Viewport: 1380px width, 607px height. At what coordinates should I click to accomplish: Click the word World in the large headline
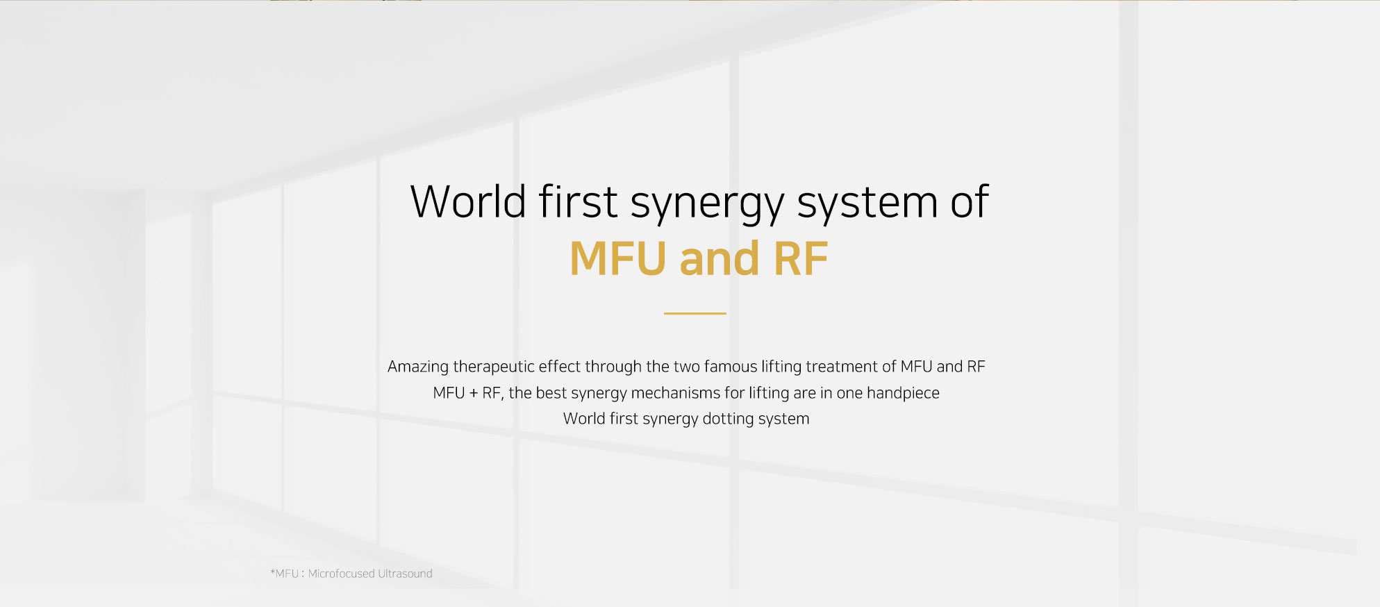pyautogui.click(x=468, y=202)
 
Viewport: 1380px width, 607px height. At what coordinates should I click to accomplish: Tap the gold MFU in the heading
pyautogui.click(x=618, y=258)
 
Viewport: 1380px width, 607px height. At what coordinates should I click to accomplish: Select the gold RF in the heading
pyautogui.click(x=800, y=258)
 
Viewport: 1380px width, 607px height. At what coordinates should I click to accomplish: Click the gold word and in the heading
pyautogui.click(x=720, y=258)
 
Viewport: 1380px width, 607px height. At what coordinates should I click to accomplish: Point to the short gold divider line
pyautogui.click(x=695, y=313)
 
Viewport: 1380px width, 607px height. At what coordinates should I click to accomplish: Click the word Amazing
pyautogui.click(x=418, y=367)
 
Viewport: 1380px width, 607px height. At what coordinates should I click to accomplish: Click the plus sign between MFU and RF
pyautogui.click(x=474, y=393)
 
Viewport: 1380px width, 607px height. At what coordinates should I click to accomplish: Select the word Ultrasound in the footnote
pyautogui.click(x=405, y=574)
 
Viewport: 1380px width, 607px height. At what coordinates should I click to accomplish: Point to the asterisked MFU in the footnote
pyautogui.click(x=285, y=574)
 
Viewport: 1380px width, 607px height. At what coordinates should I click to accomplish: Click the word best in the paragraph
pyautogui.click(x=551, y=393)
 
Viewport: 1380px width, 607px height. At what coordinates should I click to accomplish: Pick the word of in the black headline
pyautogui.click(x=970, y=202)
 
